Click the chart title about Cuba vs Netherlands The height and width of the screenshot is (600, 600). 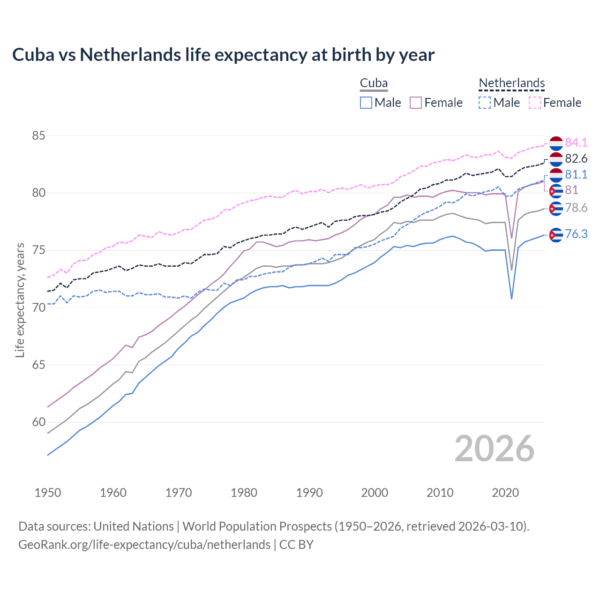click(x=223, y=55)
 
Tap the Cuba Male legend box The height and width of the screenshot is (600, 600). click(x=366, y=103)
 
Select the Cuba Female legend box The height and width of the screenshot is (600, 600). click(x=416, y=103)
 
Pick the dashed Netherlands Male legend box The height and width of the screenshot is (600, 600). click(x=485, y=103)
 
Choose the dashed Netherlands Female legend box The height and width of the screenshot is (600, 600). click(x=535, y=103)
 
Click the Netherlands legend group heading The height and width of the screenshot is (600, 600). click(x=511, y=83)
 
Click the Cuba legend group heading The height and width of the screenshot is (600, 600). click(x=374, y=83)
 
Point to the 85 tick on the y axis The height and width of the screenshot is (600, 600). click(x=38, y=136)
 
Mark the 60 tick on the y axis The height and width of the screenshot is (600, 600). click(x=38, y=422)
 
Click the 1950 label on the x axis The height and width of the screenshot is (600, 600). click(x=48, y=493)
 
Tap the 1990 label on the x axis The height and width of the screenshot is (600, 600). click(x=309, y=493)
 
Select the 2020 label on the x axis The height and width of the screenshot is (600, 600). click(x=505, y=493)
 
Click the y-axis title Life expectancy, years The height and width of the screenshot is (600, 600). click(x=20, y=300)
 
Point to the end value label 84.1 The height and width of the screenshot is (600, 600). click(x=576, y=142)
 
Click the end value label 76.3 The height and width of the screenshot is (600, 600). click(x=576, y=234)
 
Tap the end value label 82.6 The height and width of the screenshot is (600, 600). click(x=576, y=158)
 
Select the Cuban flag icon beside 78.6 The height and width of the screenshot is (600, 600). click(x=556, y=208)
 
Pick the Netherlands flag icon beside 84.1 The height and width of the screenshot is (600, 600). click(x=556, y=143)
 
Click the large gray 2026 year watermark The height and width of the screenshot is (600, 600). click(x=494, y=449)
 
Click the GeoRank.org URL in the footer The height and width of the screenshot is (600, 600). click(x=144, y=545)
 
